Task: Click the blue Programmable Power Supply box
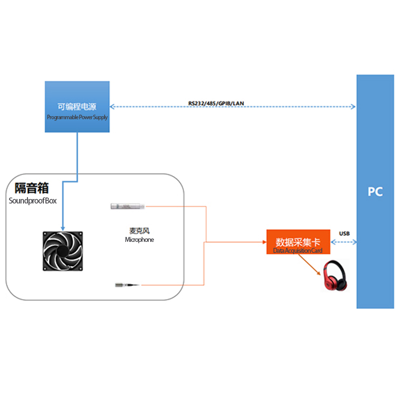(x=77, y=107)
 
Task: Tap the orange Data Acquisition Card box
(x=298, y=242)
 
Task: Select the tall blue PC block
(x=375, y=192)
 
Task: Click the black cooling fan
(x=62, y=251)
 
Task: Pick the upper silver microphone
(x=128, y=205)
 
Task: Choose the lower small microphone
(x=127, y=285)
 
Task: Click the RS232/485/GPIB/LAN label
(x=216, y=103)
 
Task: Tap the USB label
(x=344, y=233)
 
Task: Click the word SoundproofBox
(x=33, y=201)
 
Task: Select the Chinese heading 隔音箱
(x=31, y=188)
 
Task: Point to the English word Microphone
(x=139, y=240)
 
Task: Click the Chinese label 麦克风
(x=139, y=231)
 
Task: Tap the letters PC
(x=375, y=192)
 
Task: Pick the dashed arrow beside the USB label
(x=344, y=242)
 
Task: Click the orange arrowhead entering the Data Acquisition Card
(x=264, y=242)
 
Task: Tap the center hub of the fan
(x=62, y=251)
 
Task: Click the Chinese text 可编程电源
(x=77, y=106)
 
